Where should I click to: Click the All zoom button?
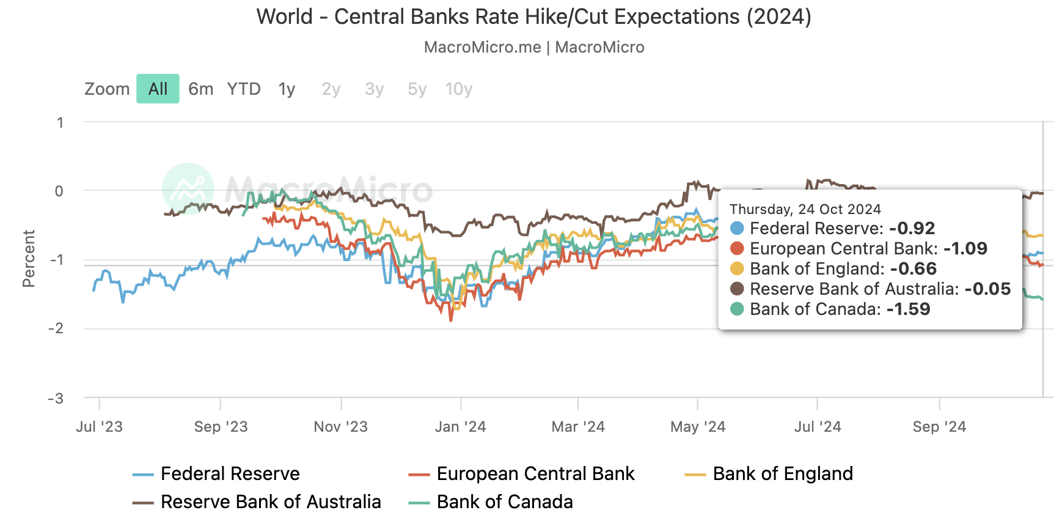pyautogui.click(x=158, y=89)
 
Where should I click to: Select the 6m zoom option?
pyautogui.click(x=200, y=89)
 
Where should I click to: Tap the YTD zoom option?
pyautogui.click(x=244, y=89)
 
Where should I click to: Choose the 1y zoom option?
pyautogui.click(x=287, y=89)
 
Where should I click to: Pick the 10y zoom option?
pyautogui.click(x=459, y=89)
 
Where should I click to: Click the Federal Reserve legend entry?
pyautogui.click(x=230, y=474)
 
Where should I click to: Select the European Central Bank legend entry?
pyautogui.click(x=535, y=474)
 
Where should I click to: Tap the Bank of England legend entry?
pyautogui.click(x=782, y=474)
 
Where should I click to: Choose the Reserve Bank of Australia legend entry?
pyautogui.click(x=270, y=502)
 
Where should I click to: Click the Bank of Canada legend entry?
pyautogui.click(x=504, y=502)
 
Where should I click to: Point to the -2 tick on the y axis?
pyautogui.click(x=56, y=328)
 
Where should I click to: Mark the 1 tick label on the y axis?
pyautogui.click(x=60, y=122)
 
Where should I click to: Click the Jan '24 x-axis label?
pyautogui.click(x=460, y=427)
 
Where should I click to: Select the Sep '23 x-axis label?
pyautogui.click(x=221, y=427)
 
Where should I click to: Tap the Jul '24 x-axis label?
pyautogui.click(x=818, y=427)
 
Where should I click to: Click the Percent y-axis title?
pyautogui.click(x=29, y=258)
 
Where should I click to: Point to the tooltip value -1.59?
pyautogui.click(x=908, y=309)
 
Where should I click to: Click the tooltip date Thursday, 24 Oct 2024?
pyautogui.click(x=805, y=209)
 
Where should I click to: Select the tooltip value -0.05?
pyautogui.click(x=987, y=289)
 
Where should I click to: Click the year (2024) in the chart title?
pyautogui.click(x=778, y=17)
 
